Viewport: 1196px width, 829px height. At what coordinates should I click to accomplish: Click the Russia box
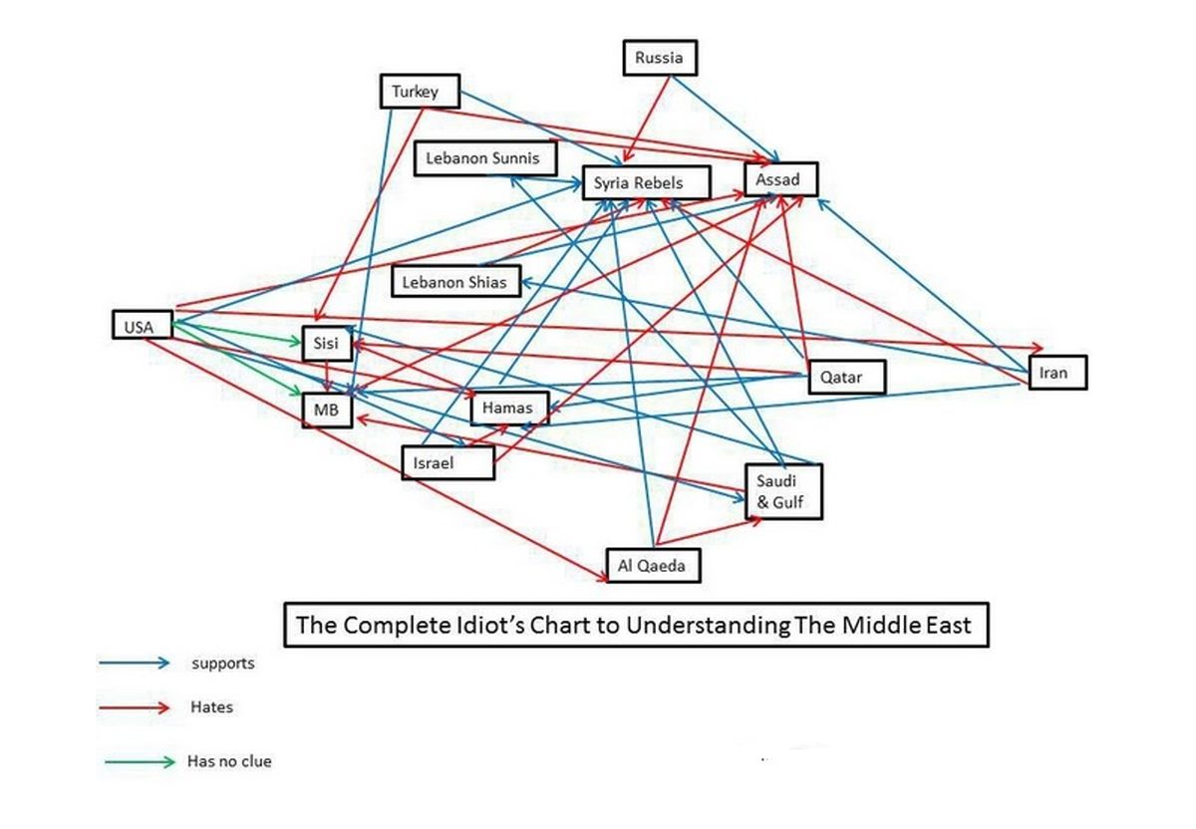pos(659,58)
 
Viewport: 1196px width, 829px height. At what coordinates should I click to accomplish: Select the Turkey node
pos(422,93)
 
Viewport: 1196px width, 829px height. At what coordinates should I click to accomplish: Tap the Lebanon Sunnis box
pos(482,158)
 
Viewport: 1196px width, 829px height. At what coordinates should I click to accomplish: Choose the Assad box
pos(779,179)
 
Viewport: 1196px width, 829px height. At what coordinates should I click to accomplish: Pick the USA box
pos(140,325)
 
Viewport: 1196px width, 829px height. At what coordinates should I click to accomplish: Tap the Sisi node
pos(327,344)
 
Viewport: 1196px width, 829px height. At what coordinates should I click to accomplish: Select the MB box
pos(327,411)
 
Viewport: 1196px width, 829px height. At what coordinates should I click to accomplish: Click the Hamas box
pos(508,408)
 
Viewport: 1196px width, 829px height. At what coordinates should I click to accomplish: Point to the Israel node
pos(448,462)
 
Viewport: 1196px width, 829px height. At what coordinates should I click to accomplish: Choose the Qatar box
pos(844,378)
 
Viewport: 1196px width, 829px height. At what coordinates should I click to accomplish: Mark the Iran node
pos(1056,373)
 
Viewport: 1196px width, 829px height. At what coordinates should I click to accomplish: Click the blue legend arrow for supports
pos(136,663)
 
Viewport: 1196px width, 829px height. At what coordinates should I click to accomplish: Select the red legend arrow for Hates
pos(136,708)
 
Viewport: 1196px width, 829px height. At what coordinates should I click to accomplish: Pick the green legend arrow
pos(140,762)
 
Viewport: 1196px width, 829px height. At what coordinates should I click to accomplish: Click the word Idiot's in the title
pos(507,626)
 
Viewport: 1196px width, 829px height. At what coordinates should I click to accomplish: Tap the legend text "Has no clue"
pos(229,762)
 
